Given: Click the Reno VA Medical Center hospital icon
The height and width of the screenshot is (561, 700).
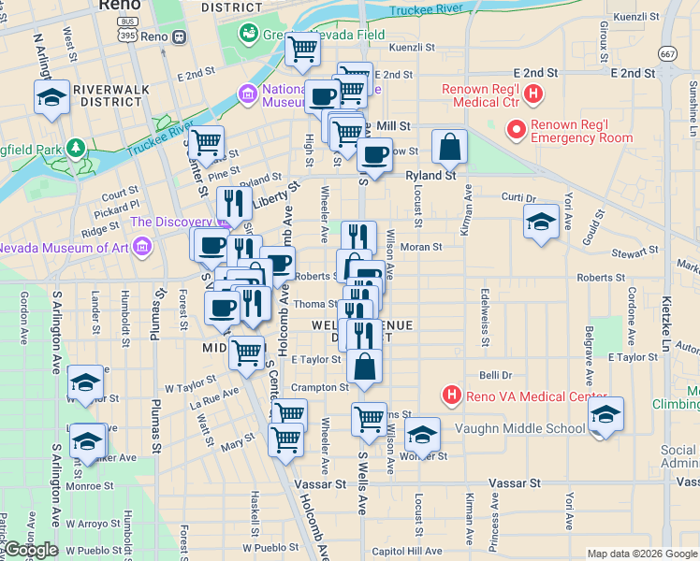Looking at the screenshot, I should point(452,396).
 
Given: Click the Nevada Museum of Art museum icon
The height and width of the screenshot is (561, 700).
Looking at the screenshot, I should point(142,248).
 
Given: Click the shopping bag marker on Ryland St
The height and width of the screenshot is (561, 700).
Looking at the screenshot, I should point(449,147).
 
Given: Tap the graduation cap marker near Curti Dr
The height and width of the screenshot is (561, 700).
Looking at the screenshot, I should point(540,223).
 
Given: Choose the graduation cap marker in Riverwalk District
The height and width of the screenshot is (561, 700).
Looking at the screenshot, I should point(51,97).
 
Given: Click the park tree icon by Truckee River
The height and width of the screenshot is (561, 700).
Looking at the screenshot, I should point(74,148).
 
